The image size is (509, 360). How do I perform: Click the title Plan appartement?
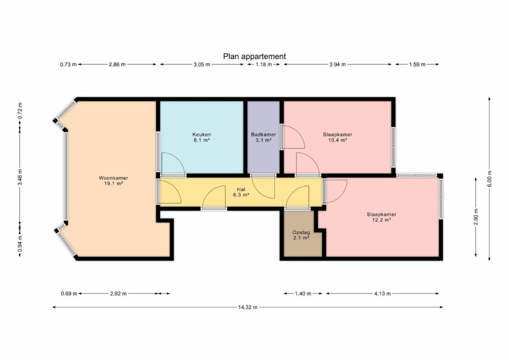(x=254, y=56)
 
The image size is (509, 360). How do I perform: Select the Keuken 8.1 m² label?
(x=201, y=137)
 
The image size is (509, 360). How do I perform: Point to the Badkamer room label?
(x=263, y=137)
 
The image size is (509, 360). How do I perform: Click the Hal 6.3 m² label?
(x=241, y=192)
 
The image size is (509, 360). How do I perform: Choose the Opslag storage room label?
(x=301, y=235)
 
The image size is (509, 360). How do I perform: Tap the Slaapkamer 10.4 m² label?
(x=338, y=137)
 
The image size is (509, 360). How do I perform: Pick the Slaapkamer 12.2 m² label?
(x=381, y=217)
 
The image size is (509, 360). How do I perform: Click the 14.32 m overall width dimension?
(x=248, y=307)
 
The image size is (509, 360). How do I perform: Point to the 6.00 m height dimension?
(x=489, y=179)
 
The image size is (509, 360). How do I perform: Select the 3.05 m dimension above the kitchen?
(x=202, y=64)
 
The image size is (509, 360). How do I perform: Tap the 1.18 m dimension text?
(x=263, y=64)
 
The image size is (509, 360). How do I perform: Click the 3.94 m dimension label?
(x=338, y=64)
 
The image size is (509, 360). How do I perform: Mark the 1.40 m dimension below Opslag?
(x=303, y=294)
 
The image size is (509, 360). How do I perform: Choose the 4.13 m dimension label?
(x=383, y=294)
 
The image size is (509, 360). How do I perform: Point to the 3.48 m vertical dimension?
(x=20, y=177)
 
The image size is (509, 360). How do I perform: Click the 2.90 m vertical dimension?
(x=476, y=217)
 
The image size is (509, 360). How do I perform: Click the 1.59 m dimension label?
(x=417, y=64)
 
